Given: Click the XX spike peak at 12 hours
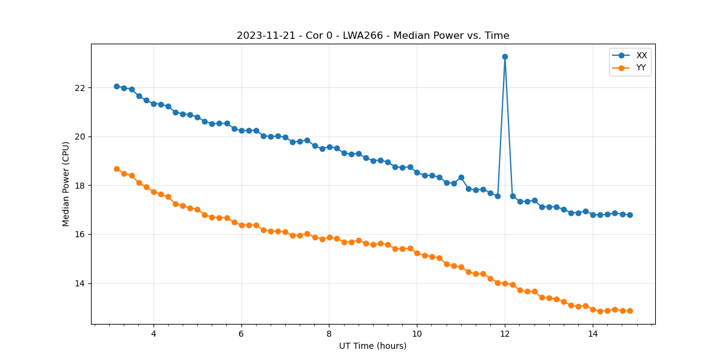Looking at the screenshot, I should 505,56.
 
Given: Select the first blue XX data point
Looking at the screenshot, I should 116,86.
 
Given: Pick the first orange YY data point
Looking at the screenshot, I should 116,169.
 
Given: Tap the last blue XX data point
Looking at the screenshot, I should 630,215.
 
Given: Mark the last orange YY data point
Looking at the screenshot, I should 630,311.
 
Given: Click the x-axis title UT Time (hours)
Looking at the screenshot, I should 372,346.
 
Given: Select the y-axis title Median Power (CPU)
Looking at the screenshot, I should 66,184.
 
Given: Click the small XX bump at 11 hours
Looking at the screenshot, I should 461,177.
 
